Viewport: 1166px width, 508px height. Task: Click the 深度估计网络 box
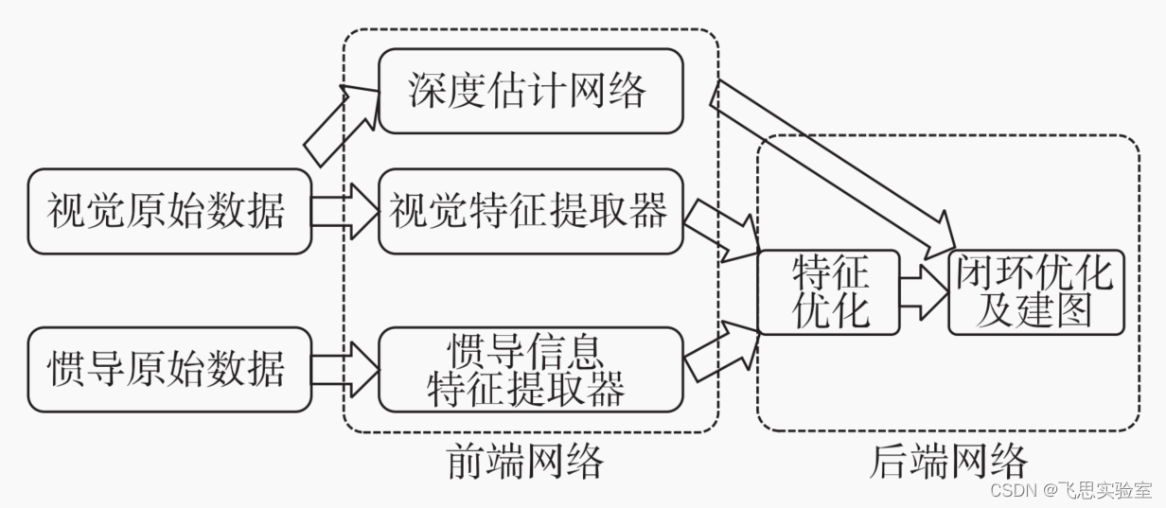point(530,92)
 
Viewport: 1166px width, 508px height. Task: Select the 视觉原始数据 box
point(168,211)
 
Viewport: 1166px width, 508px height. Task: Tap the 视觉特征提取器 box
point(530,211)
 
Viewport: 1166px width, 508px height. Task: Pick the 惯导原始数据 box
point(168,368)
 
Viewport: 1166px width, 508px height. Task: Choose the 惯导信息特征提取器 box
point(530,368)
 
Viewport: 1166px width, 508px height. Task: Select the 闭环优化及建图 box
point(1035,292)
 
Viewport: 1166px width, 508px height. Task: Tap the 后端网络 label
point(947,463)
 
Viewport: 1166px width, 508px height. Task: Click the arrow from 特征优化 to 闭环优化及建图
point(924,292)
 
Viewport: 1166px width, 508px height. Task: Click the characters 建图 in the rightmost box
point(1051,310)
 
